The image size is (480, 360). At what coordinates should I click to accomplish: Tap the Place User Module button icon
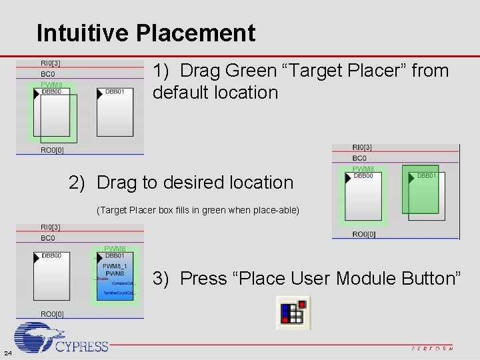click(x=293, y=313)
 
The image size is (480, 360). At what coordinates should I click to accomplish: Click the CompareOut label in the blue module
click(x=123, y=283)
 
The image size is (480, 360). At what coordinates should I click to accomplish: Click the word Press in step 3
click(x=204, y=278)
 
